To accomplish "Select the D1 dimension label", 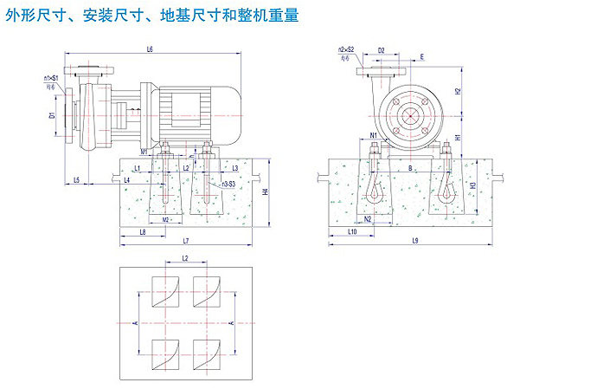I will pos(52,114).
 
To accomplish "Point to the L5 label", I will pos(77,180).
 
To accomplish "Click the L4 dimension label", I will pos(127,180).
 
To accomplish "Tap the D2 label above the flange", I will pos(382,50).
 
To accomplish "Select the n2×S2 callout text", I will pos(346,50).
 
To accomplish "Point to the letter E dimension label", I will pos(422,57).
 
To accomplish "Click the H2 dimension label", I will pos(458,91).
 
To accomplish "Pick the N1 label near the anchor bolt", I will pos(373,136).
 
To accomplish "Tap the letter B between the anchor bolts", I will pos(410,168).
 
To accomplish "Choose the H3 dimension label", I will pos(472,185).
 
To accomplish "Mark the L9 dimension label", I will pos(415,240).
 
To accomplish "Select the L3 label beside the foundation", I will pos(234,168).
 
